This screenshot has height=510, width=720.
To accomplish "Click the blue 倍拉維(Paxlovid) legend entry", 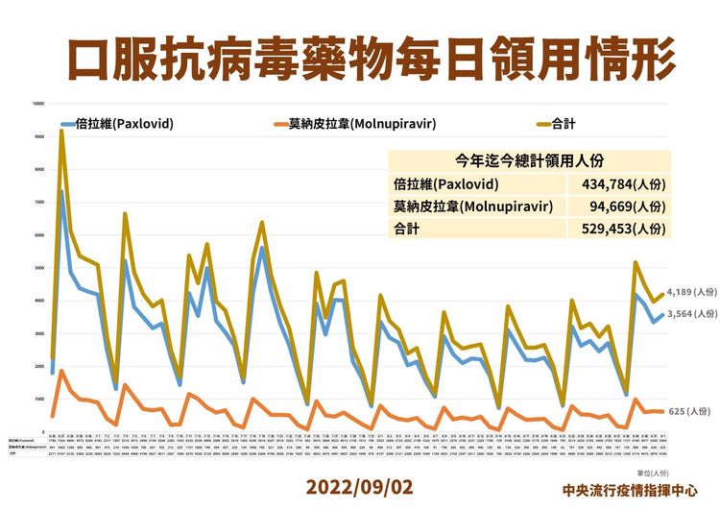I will pos(130,125).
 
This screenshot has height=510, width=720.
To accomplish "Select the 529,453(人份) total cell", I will pos(623,228).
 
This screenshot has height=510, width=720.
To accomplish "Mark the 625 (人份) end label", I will pos(677,412).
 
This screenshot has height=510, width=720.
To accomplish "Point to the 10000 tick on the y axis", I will pos(38,104).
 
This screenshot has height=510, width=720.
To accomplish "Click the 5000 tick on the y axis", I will pos(39,268).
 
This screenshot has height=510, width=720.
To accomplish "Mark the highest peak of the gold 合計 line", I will pos(61,132).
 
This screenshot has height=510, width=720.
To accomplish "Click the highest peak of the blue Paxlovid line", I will pos(61,191).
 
